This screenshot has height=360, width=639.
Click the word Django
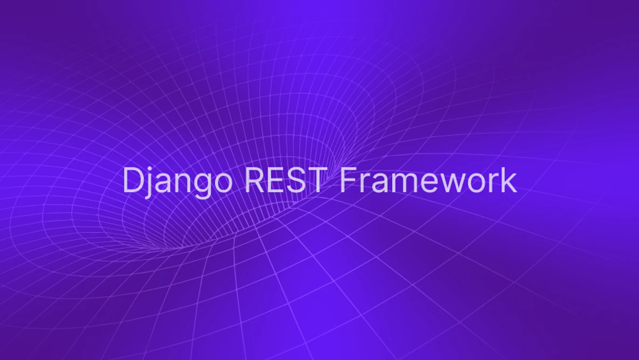pos(177,181)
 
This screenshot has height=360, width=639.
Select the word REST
pos(285,180)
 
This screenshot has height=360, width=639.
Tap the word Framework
pos(428,180)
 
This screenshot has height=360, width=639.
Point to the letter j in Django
pos(149,182)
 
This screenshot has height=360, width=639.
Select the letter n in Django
pos(181,183)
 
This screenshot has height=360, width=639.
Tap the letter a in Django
pos(163,183)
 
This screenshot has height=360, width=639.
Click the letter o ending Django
pos(222,183)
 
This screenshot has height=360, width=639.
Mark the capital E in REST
pos(276,180)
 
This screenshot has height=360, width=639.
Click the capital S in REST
pos(297,180)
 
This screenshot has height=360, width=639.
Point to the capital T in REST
pos(317,180)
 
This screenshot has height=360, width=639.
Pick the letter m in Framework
pos(404,183)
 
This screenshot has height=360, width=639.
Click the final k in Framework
pos(510,180)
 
